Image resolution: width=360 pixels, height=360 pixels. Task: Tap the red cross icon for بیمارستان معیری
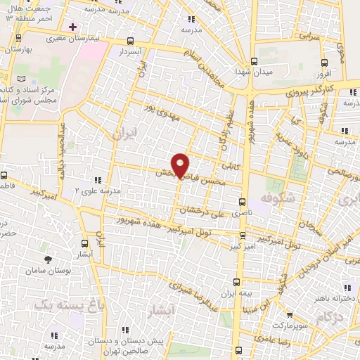72,27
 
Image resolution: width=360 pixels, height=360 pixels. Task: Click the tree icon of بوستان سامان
48,260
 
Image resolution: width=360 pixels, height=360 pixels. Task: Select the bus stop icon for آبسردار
131,41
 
